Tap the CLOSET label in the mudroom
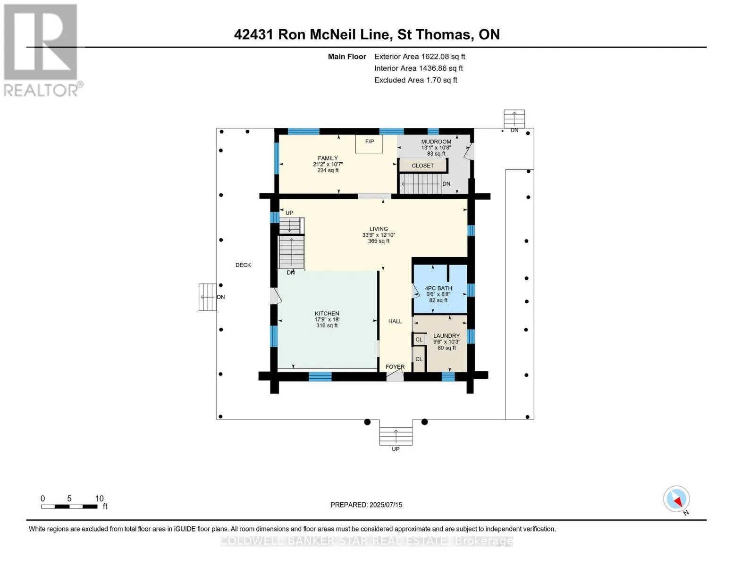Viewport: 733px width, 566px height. point(422,166)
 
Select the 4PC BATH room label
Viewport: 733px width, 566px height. point(438,288)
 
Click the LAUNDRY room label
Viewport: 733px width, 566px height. point(447,336)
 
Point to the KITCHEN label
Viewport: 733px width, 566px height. point(327,314)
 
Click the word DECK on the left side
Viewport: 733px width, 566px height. point(243,265)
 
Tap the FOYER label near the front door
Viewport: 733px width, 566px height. point(395,366)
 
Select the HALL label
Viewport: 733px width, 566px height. point(395,321)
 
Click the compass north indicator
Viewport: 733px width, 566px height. point(677,499)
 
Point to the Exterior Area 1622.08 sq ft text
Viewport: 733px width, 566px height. point(420,57)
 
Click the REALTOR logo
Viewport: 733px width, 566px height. point(41,50)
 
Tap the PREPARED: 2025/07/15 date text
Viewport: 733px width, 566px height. point(366,505)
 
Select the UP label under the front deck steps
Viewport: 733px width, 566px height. point(396,449)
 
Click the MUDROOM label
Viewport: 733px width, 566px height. point(436,141)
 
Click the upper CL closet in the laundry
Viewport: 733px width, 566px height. point(419,340)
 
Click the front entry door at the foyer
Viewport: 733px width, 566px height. point(395,376)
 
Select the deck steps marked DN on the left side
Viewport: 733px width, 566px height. point(207,297)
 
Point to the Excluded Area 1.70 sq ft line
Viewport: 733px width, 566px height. point(415,80)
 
